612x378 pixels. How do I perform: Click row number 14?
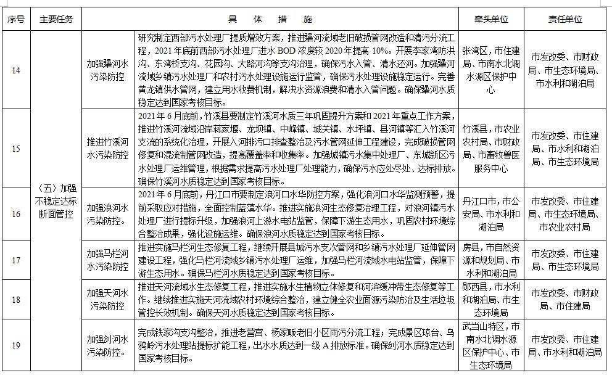click(16, 70)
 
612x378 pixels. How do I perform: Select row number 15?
click(16, 149)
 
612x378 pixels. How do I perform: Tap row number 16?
click(16, 214)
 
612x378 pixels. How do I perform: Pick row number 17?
click(16, 260)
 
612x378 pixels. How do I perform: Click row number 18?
click(16, 299)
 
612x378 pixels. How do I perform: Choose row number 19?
click(16, 345)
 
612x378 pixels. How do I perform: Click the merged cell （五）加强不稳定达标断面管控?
click(56, 201)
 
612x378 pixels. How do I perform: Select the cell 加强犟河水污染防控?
click(108, 70)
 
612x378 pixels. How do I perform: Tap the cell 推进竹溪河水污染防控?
click(108, 149)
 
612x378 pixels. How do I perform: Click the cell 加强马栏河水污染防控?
click(108, 260)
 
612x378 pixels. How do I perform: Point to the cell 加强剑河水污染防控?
click(108, 346)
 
